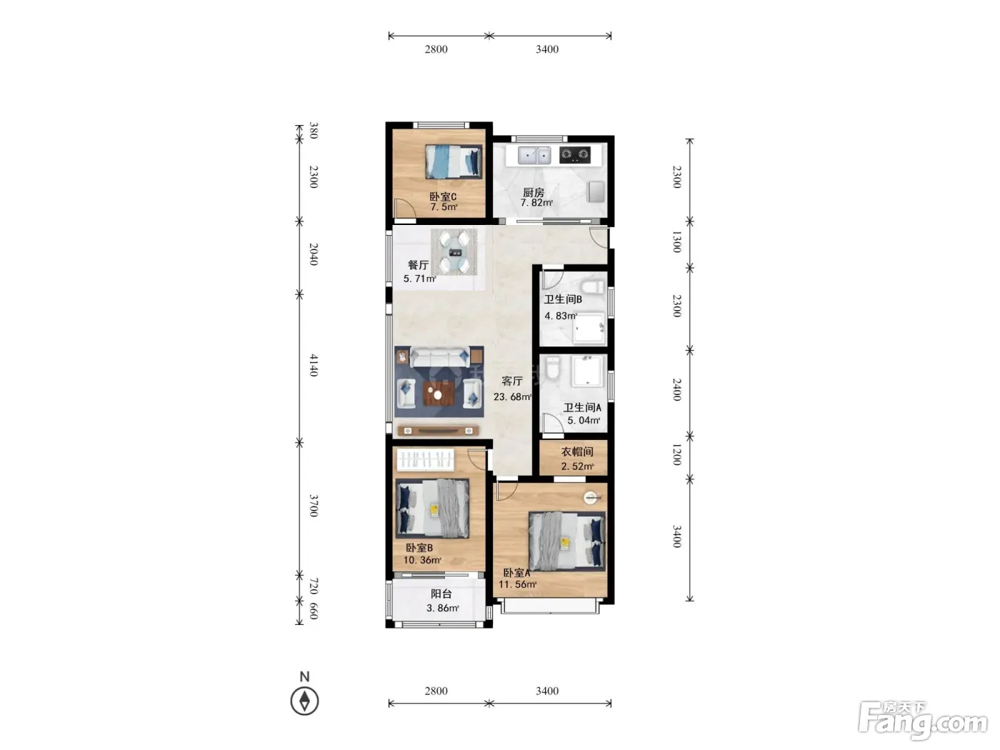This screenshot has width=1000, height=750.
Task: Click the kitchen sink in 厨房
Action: tap(534, 155)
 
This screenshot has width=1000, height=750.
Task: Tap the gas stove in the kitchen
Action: tap(574, 155)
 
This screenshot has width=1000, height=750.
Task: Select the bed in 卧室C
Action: tap(454, 161)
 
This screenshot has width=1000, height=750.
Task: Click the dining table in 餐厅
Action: tap(454, 252)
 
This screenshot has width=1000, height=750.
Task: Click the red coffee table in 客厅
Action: tap(439, 394)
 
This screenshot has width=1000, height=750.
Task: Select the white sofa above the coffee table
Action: tap(439, 357)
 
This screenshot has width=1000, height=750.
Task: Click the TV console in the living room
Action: tap(439, 430)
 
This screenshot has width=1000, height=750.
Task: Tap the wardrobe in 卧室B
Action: tap(426, 460)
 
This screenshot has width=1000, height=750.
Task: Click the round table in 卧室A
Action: tap(591, 498)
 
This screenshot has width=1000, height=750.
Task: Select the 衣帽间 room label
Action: tap(576, 451)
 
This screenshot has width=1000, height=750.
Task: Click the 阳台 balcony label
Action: tap(441, 594)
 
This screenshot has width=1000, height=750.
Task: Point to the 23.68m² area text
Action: tap(513, 396)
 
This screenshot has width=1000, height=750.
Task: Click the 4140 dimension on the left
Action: tap(314, 365)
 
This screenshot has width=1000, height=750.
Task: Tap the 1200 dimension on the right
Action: tap(677, 454)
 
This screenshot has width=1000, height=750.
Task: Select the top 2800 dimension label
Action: tap(436, 49)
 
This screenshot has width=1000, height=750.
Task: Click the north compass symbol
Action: tap(304, 701)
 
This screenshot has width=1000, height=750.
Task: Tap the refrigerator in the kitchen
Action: tap(596, 191)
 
